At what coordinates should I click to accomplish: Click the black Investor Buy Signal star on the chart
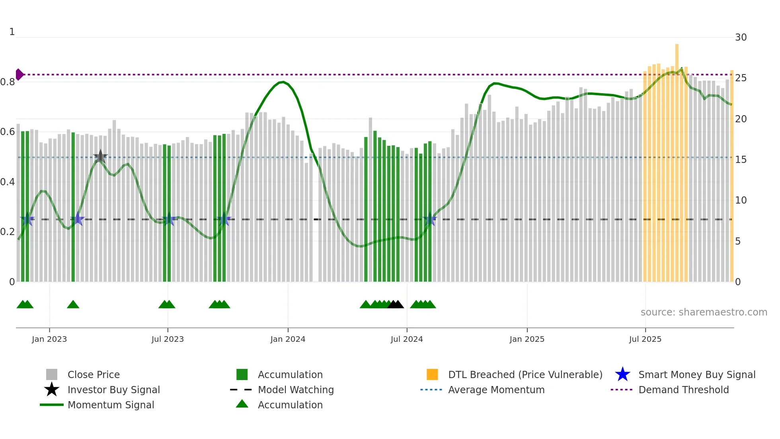pyautogui.click(x=100, y=157)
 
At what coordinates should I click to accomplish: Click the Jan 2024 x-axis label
pyautogui.click(x=288, y=339)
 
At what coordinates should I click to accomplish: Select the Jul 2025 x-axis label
pyautogui.click(x=645, y=339)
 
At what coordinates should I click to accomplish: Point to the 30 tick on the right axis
pyautogui.click(x=741, y=37)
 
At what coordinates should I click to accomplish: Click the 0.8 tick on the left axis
pyautogui.click(x=8, y=82)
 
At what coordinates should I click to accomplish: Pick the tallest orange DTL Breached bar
pyautogui.click(x=677, y=159)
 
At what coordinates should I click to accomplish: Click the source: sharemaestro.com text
pyautogui.click(x=704, y=312)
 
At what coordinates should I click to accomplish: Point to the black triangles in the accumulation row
pyautogui.click(x=396, y=305)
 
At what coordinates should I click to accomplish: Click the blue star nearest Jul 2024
pyautogui.click(x=430, y=219)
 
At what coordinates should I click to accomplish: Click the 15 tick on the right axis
pyautogui.click(x=741, y=160)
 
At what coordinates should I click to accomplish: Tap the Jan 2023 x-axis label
pyautogui.click(x=49, y=339)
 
